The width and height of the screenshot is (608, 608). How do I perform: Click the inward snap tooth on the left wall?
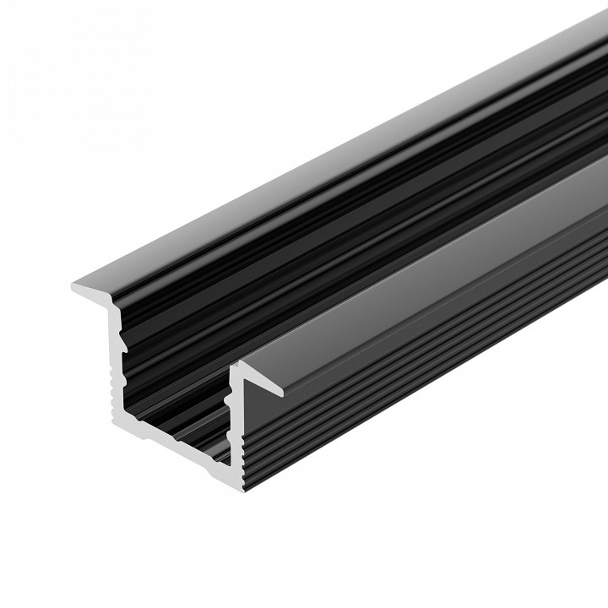(125, 345)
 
